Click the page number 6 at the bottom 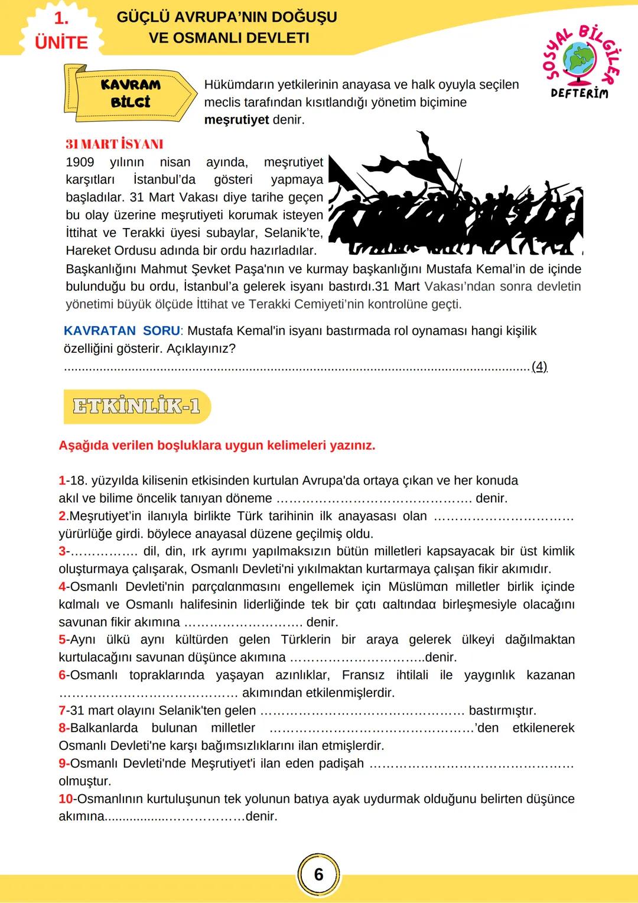318,874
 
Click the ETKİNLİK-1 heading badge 136,406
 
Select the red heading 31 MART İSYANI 114,144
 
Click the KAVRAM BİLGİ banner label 131,93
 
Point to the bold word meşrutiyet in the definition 236,120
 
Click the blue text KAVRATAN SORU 122,331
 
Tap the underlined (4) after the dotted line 539,366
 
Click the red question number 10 66,799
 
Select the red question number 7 62,710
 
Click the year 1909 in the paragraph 80,162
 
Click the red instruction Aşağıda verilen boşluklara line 217,446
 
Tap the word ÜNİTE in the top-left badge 61,43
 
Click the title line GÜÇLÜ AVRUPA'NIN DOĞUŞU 227,17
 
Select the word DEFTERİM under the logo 579,93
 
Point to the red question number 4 62,587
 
